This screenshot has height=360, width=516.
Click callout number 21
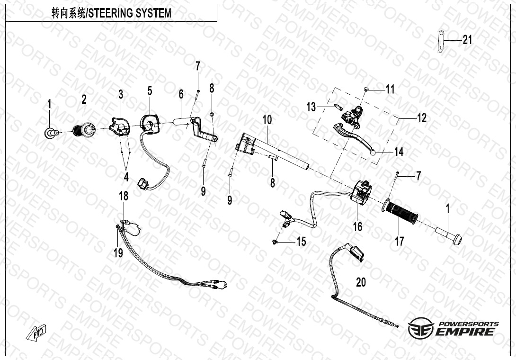467,40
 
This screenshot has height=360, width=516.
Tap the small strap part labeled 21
441,41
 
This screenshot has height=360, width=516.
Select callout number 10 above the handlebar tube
267,120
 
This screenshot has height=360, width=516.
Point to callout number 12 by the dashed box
422,118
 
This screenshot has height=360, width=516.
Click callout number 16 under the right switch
358,226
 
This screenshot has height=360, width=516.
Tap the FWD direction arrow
36,332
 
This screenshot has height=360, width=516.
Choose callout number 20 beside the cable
361,282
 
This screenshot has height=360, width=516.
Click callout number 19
118,253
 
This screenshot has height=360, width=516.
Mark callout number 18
124,196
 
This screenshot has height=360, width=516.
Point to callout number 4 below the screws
126,177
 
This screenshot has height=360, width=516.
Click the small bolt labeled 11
366,88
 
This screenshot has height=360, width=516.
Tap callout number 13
311,107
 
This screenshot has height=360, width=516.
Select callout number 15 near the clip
302,242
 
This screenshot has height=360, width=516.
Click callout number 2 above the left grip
84,99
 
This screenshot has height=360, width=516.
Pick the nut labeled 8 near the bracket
212,114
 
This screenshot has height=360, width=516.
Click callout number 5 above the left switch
150,91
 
